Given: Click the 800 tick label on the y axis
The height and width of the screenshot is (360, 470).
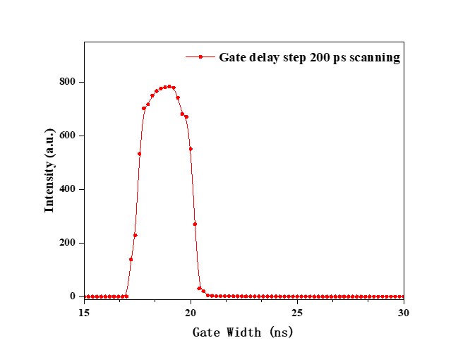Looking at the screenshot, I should tap(68, 82).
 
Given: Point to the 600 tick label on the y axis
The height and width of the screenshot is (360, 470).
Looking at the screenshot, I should tap(68, 136).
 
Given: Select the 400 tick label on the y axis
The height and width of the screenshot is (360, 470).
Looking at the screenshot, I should tap(68, 189).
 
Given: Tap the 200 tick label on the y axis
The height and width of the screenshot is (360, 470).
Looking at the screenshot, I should tap(68, 243).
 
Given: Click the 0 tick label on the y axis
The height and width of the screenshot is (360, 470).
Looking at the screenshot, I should tap(73, 296).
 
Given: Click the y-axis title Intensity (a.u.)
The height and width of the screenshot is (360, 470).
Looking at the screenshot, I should tap(49, 170).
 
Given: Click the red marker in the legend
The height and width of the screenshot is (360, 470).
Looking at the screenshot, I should tap(200, 57).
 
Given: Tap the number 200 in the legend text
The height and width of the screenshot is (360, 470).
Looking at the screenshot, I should tap(317, 57).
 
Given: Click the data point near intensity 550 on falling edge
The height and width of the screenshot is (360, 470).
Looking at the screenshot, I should tap(191, 149).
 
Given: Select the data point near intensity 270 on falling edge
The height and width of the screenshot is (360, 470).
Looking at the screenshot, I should tap(195, 224).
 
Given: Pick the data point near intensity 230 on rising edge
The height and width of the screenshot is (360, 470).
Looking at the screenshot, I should tap(135, 235).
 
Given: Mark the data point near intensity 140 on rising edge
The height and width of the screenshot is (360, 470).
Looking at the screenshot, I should tap(131, 259).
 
